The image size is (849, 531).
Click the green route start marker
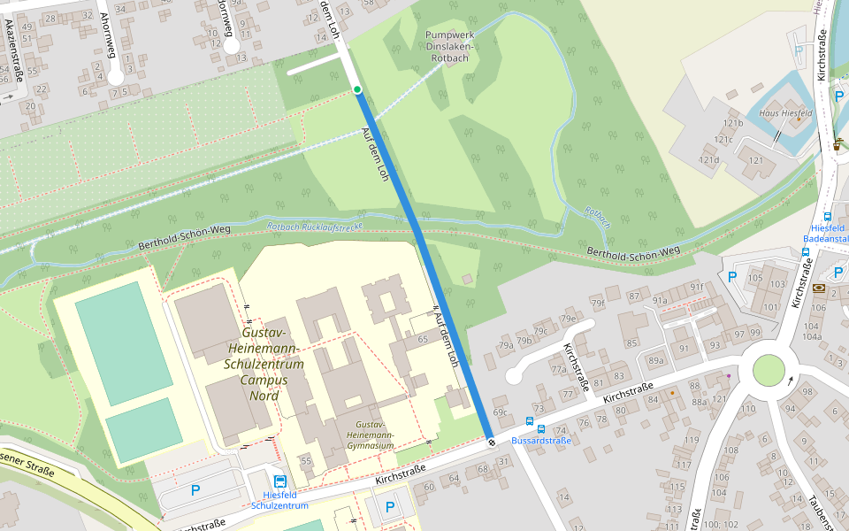[x=357, y=89]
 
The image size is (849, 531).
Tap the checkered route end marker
[x=490, y=441]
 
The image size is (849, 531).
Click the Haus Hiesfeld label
[x=779, y=113]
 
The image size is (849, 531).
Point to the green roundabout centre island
[x=769, y=370]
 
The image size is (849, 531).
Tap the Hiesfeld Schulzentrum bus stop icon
[x=280, y=481]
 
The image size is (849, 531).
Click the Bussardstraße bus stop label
[x=541, y=440]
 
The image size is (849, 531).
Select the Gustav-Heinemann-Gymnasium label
[x=370, y=435]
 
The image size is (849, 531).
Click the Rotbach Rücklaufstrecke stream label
[x=315, y=227]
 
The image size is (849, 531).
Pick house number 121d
[x=708, y=160]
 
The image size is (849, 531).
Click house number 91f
[x=697, y=287]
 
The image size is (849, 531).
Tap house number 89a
[x=655, y=360]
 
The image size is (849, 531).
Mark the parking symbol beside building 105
[x=732, y=277]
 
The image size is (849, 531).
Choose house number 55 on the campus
[x=306, y=461]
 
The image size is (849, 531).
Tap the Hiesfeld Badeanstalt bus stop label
[x=825, y=233]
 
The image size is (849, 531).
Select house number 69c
[x=500, y=412]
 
